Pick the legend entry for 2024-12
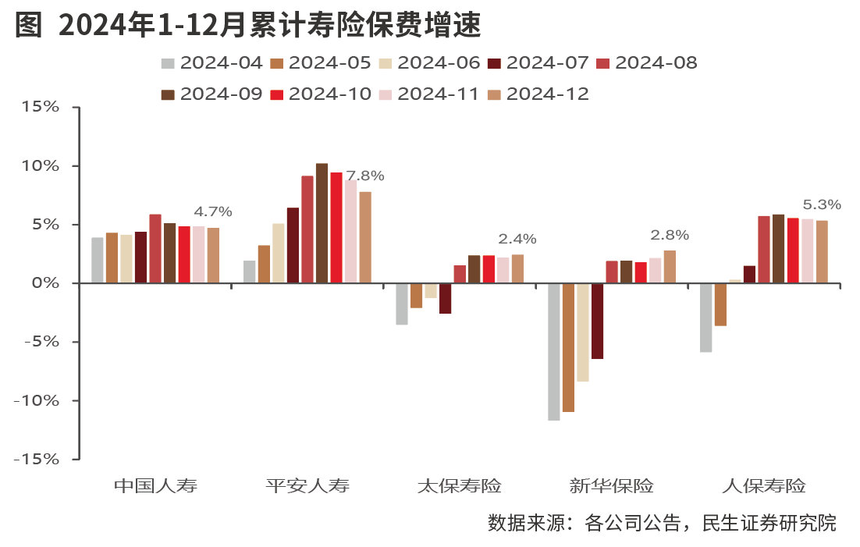point(538,94)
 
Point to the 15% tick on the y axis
point(41,107)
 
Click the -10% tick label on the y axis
point(37,400)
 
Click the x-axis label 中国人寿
point(155,486)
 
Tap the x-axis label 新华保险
point(611,486)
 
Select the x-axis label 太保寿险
point(459,486)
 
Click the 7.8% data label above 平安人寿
point(365,176)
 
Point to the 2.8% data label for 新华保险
point(670,235)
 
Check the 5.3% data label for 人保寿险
point(822,205)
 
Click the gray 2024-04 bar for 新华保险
point(554,352)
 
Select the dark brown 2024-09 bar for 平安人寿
point(322,223)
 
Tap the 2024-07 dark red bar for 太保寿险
point(445,298)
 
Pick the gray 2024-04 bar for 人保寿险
point(706,318)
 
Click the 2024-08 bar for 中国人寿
point(155,248)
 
